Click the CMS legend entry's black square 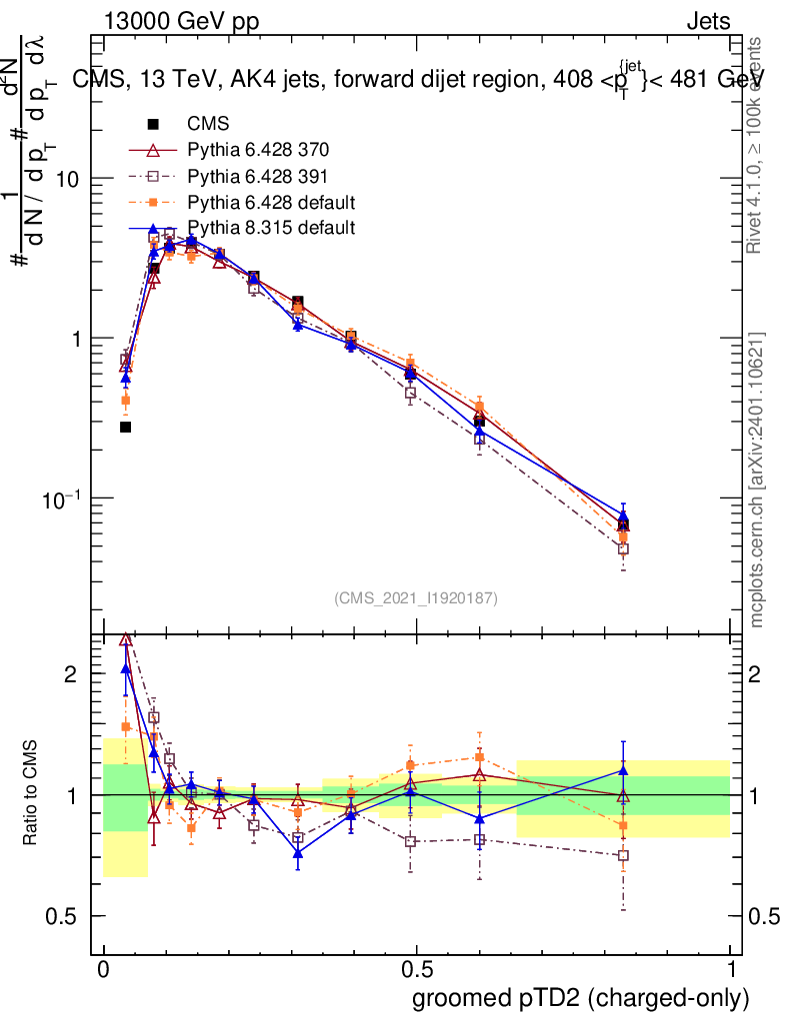click(154, 125)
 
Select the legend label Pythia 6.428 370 click(258, 151)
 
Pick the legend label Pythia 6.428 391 click(258, 177)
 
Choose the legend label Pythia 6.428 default click(271, 203)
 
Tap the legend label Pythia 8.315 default click(271, 228)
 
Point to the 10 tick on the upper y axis click(68, 178)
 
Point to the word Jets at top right click(708, 22)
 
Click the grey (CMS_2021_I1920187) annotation click(415, 597)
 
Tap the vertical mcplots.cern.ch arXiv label click(757, 480)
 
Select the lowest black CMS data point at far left click(126, 427)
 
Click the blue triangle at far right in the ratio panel click(623, 770)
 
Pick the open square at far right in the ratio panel click(623, 855)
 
